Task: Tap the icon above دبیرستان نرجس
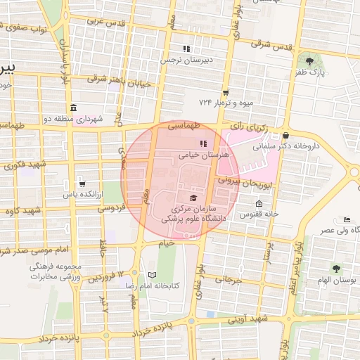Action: [x=186, y=49]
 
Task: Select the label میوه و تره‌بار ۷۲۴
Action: [x=225, y=103]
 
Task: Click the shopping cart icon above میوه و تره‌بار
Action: [x=225, y=92]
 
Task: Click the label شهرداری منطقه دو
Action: [x=74, y=120]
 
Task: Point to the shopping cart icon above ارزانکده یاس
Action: [x=82, y=181]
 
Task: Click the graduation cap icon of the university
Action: [x=193, y=198]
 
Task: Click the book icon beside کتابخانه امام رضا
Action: [x=153, y=275]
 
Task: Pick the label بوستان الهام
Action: [x=335, y=281]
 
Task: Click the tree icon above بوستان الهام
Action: [x=335, y=268]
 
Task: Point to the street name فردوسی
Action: [x=110, y=208]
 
